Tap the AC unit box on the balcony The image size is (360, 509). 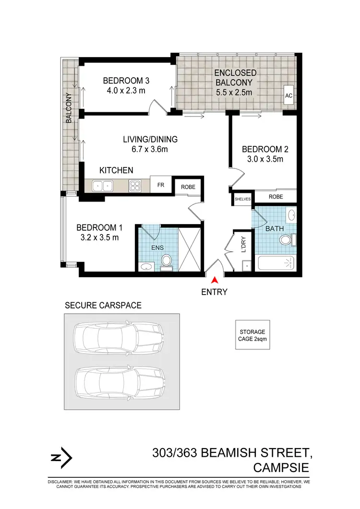tap(288, 95)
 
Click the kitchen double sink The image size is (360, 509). tap(102, 185)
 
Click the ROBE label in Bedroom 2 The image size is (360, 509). tap(276, 197)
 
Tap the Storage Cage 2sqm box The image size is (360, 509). tap(252, 335)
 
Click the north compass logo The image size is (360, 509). tap(61, 458)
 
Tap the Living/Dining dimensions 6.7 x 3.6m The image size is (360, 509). tap(150, 149)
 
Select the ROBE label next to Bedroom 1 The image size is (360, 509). tap(188, 187)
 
